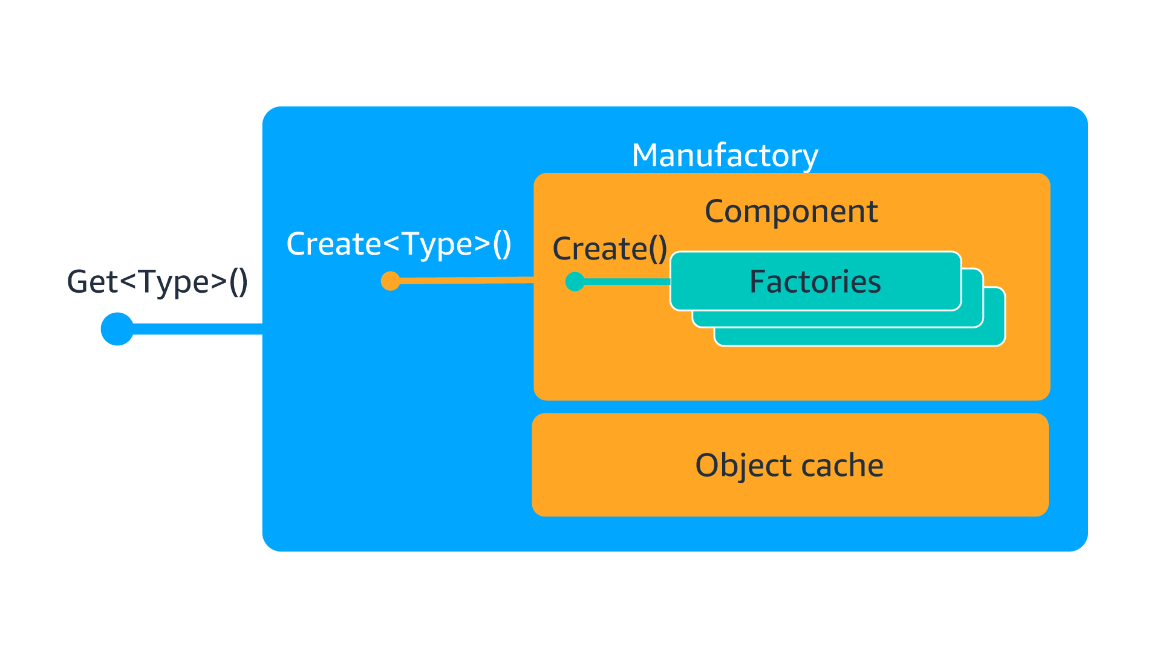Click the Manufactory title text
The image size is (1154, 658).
pos(725,155)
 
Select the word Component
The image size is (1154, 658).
pos(791,212)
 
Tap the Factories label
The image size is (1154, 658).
pos(815,282)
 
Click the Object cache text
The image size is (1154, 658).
pos(789,465)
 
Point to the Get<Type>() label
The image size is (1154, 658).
pos(157,282)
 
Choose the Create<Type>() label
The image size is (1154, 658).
pos(399,244)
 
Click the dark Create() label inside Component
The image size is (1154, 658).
pos(609,249)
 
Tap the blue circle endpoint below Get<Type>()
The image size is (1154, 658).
pos(117,329)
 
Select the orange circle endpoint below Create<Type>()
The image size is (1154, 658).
pos(391,281)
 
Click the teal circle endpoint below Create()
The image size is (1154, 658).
pos(575,281)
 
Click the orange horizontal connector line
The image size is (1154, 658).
pos(466,280)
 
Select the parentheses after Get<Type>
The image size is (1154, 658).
pos(238,282)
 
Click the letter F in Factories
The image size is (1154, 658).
pos(757,282)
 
